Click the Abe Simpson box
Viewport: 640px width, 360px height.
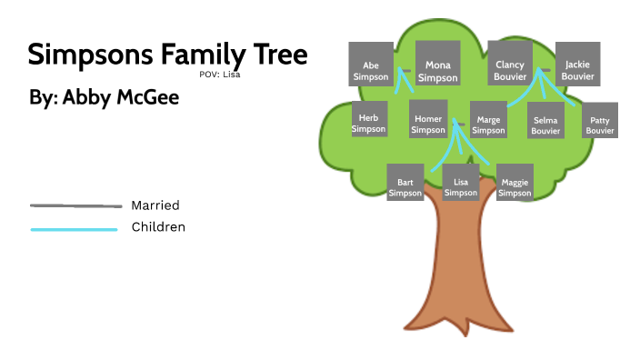point(370,65)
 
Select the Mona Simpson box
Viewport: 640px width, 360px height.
point(438,65)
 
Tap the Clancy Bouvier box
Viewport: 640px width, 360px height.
point(509,65)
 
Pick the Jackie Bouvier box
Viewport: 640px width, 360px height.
point(577,65)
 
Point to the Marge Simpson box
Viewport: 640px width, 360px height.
point(488,120)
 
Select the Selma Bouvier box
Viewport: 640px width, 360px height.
point(545,120)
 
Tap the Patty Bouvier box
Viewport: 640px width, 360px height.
point(600,120)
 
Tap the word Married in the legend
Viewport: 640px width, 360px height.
point(155,205)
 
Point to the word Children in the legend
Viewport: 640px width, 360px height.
point(158,227)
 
